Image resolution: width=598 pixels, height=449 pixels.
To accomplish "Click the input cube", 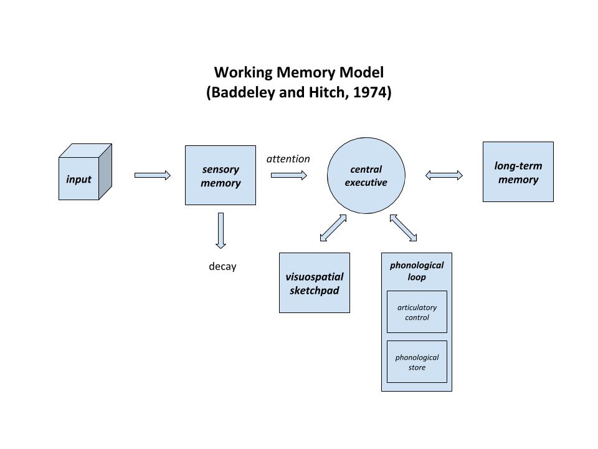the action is click(x=85, y=172).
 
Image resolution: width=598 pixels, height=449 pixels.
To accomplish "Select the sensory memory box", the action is click(x=221, y=175).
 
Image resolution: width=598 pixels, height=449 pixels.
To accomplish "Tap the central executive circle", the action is click(x=366, y=176).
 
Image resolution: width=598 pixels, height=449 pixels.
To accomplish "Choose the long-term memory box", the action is click(x=518, y=172).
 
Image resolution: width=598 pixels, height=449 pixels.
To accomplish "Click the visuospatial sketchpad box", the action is click(x=314, y=283).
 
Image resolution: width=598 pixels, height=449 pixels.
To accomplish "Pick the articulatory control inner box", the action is click(x=417, y=312).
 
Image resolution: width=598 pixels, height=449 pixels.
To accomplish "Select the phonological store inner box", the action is click(x=417, y=362).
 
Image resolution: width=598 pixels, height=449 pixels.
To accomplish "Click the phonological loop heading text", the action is click(x=417, y=271).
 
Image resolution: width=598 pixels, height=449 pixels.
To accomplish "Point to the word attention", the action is click(x=288, y=159).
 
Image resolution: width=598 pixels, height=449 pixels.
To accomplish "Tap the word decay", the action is click(x=222, y=266).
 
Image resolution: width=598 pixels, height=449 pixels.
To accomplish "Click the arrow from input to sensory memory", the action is click(x=153, y=175).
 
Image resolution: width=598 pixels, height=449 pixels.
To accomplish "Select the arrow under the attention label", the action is click(x=288, y=175).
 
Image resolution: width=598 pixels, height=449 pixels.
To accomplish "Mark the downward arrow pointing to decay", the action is click(x=221, y=231).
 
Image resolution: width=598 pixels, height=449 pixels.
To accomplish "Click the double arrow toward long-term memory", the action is click(x=444, y=175).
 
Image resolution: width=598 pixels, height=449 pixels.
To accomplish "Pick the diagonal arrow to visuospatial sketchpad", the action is click(x=333, y=228).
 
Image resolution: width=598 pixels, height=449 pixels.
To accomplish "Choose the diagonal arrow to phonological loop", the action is click(x=403, y=228).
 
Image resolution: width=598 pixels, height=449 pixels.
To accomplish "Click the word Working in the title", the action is click(x=244, y=72).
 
